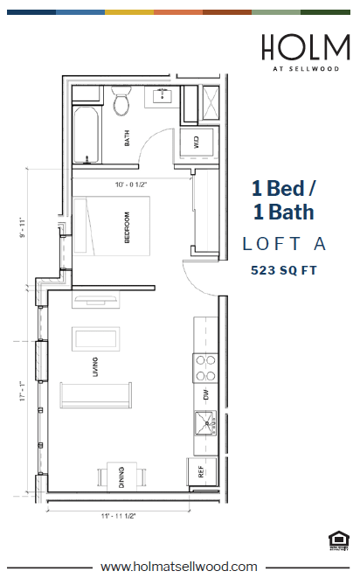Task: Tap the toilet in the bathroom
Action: tap(121, 102)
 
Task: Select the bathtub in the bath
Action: tap(86, 134)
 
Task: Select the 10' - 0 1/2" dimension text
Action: tap(131, 185)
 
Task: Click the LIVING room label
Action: tap(95, 373)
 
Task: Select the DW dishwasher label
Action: tap(206, 393)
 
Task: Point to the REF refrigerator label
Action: tap(200, 471)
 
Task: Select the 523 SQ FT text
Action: tap(282, 270)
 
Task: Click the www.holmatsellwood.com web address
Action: tap(179, 566)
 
